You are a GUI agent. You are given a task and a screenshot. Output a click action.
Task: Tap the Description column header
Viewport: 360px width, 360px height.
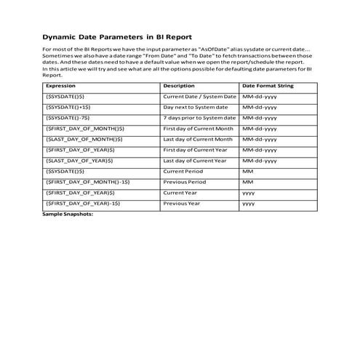point(180,85)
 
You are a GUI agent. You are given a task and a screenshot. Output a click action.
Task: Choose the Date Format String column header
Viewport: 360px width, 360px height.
point(268,85)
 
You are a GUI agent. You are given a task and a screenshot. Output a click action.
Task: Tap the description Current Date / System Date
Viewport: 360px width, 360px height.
point(200,96)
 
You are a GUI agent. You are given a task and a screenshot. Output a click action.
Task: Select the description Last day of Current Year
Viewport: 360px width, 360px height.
point(196,161)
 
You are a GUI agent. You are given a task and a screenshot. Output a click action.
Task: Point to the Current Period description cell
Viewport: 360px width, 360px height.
point(185,171)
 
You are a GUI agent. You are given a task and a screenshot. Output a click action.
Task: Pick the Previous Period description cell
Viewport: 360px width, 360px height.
point(185,182)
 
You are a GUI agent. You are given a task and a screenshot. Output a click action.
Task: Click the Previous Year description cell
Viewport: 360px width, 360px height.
point(182,204)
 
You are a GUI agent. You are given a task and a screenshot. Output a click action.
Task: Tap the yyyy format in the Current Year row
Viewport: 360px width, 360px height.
point(249,193)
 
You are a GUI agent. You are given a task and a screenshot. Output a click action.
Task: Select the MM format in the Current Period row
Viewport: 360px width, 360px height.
point(248,171)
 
